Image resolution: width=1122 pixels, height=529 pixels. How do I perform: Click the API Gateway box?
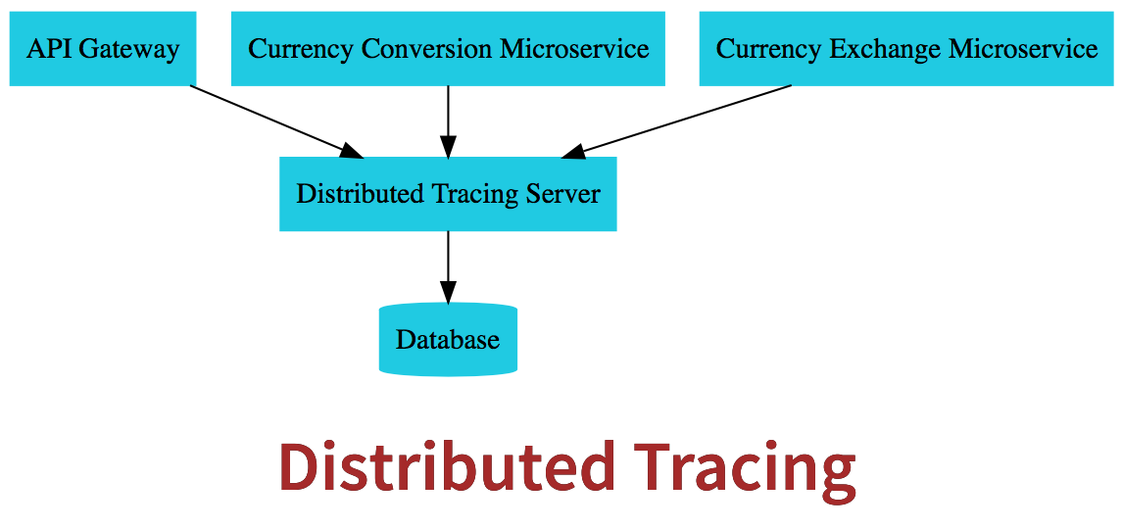pos(102,49)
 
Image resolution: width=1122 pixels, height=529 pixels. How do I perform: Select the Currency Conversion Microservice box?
pos(448,49)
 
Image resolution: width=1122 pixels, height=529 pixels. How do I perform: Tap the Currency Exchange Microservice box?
pos(906,49)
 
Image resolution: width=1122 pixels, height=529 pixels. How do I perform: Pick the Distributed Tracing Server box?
pos(448,194)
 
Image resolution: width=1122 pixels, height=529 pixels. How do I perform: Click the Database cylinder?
pos(448,340)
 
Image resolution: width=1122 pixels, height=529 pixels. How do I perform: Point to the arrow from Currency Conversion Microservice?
pos(448,118)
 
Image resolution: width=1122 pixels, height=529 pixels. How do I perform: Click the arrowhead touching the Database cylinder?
pos(448,293)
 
